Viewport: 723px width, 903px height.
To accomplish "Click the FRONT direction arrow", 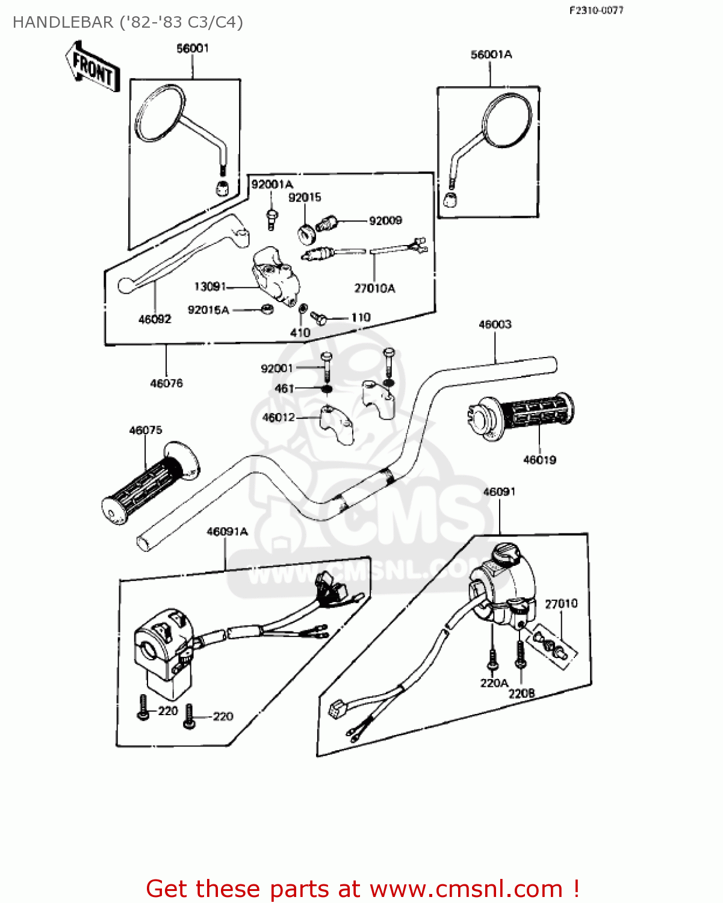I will coord(92,67).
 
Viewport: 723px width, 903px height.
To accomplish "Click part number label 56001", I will coord(193,48).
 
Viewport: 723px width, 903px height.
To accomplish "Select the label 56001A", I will coord(491,55).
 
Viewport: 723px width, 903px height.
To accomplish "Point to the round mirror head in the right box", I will coord(507,120).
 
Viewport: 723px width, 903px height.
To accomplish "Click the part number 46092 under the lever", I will coord(155,320).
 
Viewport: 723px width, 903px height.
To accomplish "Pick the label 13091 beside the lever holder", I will coord(209,287).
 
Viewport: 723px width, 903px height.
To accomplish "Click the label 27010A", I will coord(374,288).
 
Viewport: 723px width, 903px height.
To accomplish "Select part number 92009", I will coord(385,221).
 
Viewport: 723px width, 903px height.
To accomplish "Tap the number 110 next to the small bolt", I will coord(361,317).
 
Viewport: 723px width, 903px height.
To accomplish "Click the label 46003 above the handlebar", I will coord(495,324).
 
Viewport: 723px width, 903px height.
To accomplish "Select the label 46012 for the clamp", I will coord(279,417).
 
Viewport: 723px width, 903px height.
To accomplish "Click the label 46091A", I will coord(227,532).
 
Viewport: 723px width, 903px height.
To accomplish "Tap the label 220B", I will coord(521,694).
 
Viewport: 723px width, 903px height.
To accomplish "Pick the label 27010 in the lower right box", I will coord(561,603).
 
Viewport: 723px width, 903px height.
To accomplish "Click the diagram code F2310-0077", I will coord(596,10).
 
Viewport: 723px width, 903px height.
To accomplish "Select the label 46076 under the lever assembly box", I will coord(166,383).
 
